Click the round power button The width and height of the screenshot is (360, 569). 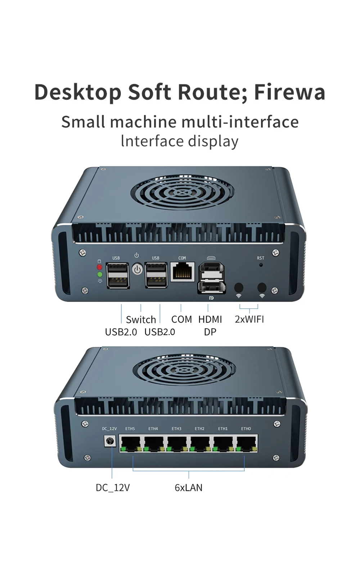tap(138, 269)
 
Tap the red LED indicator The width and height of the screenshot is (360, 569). tap(100, 267)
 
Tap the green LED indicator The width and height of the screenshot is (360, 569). tap(100, 274)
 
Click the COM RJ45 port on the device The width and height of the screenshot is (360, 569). tap(183, 272)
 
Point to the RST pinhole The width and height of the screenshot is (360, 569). tap(261, 265)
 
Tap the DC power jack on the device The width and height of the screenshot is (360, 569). tap(110, 441)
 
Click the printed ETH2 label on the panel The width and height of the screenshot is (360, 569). tap(199, 429)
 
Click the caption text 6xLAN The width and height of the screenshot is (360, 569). tap(189, 487)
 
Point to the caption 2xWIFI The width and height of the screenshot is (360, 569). tap(249, 319)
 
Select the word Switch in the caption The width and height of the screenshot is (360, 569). tap(141, 320)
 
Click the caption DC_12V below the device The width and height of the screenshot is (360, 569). tap(113, 488)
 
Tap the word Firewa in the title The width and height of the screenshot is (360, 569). tap(289, 92)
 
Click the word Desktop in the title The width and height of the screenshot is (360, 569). tap(78, 92)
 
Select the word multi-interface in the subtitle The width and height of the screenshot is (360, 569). tap(244, 121)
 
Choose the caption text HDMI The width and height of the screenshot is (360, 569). tap(210, 319)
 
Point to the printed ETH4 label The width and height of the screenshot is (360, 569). tap(153, 429)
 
